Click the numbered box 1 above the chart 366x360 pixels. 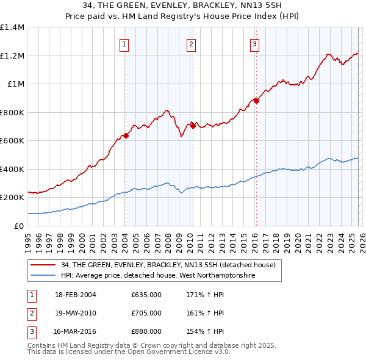tap(124, 43)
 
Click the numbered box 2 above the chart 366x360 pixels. tap(191, 43)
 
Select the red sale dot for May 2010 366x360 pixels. tap(193, 126)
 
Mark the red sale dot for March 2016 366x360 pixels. tap(256, 101)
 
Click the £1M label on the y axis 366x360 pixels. tap(16, 84)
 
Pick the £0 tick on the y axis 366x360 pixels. tap(20, 226)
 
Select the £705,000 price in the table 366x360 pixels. tap(146, 313)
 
